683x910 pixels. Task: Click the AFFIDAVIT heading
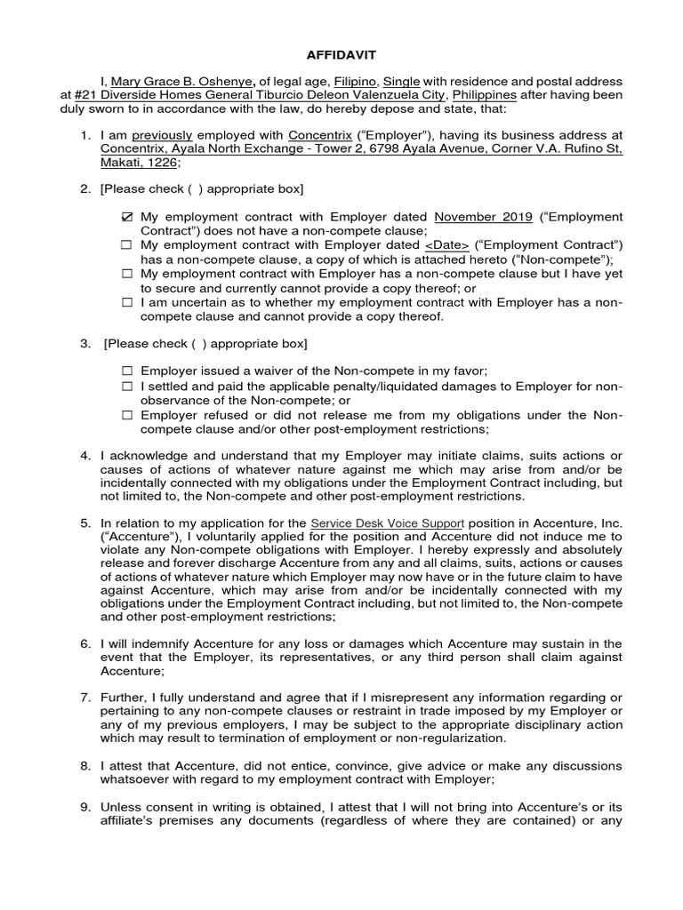[341, 53]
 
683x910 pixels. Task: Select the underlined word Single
[401, 82]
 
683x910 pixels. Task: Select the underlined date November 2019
[483, 217]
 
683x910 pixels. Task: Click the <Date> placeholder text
[446, 244]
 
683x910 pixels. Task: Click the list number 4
[85, 456]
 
